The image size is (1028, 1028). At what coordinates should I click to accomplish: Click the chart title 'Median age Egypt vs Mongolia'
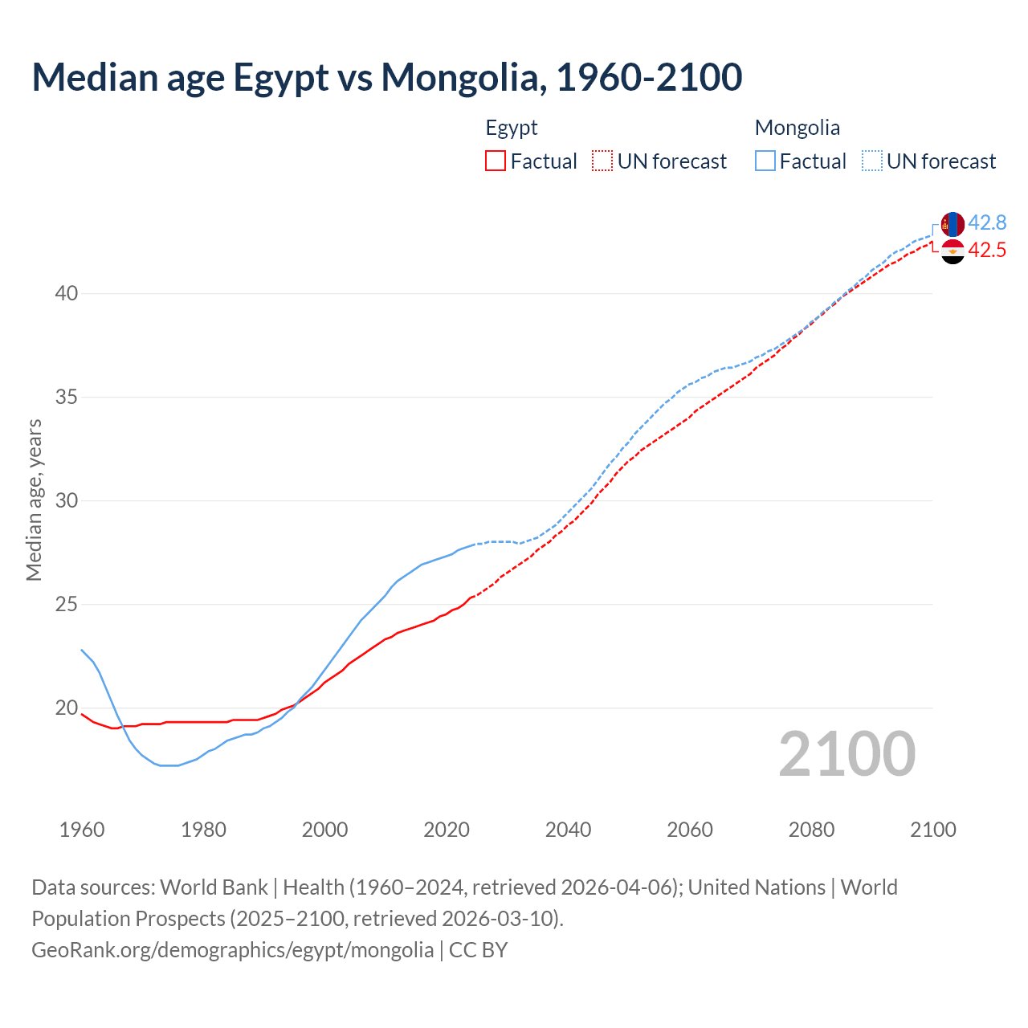coord(386,77)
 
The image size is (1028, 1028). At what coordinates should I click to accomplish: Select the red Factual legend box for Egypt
coord(496,161)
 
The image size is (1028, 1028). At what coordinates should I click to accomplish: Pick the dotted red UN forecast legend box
coord(602,161)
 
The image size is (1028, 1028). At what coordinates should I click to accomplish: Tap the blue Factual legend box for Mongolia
coord(765,161)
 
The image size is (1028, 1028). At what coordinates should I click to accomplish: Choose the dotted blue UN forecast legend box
coord(872,161)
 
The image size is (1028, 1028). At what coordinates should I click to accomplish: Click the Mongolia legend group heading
coord(797,128)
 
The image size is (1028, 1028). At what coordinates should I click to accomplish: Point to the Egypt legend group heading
coord(512,128)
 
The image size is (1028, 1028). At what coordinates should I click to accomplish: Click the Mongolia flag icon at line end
coord(953,224)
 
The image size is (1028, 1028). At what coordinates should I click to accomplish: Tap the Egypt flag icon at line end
coord(953,251)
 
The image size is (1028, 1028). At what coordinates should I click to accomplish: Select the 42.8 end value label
coord(987,222)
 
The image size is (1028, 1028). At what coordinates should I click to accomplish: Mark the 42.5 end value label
coord(987,250)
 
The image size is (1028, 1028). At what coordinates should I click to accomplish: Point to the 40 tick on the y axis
coord(67,294)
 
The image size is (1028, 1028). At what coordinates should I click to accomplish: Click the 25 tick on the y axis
coord(67,605)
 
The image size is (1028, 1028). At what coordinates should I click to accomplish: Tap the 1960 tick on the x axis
coord(82,830)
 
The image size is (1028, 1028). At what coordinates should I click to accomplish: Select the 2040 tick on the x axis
coord(568,830)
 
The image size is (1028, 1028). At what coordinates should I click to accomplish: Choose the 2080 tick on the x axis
coord(811,830)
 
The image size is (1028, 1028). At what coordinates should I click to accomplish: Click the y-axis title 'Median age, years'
coord(34,500)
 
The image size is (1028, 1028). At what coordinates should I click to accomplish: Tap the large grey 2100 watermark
coord(847,753)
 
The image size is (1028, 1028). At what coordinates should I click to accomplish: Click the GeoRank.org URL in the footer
coord(232,950)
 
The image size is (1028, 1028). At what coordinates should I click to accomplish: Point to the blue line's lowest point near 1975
coord(169,765)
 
